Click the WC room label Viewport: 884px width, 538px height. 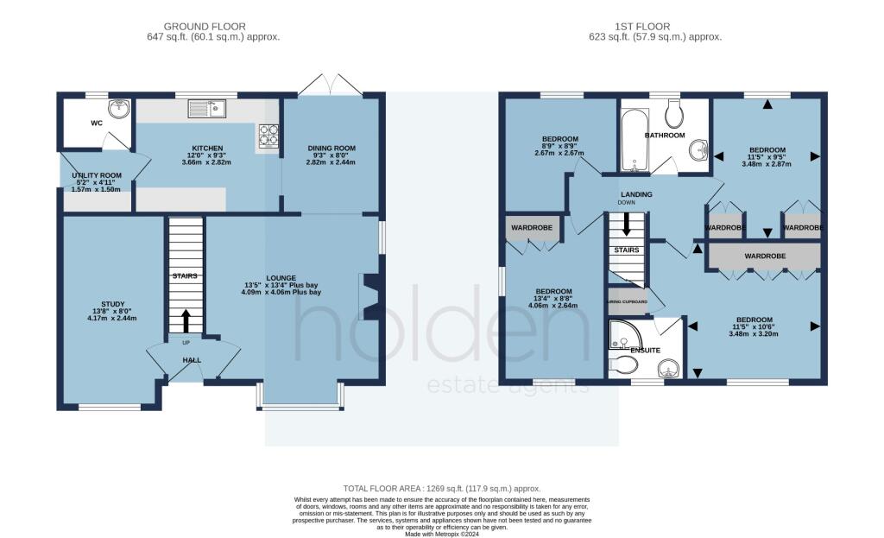(97, 123)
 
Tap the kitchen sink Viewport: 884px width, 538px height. (207, 108)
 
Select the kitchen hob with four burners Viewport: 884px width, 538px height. (267, 136)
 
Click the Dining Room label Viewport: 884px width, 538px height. (331, 149)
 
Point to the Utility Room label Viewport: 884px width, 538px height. (97, 175)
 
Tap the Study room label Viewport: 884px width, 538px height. (113, 304)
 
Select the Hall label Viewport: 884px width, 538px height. (191, 359)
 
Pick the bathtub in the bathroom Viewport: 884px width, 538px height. (635, 141)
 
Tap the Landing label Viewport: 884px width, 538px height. (637, 194)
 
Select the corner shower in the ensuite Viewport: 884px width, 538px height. (620, 334)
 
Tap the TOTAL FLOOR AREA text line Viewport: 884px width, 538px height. (442, 489)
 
